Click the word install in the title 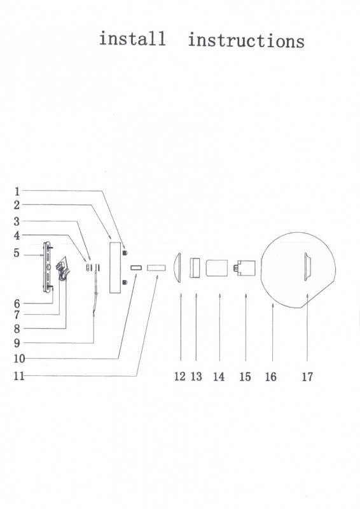132,39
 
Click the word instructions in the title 246,41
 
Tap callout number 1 17,192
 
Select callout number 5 17,253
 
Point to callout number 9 17,343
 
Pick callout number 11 19,376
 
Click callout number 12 180,377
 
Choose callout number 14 219,377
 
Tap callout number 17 307,377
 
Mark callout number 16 271,377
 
